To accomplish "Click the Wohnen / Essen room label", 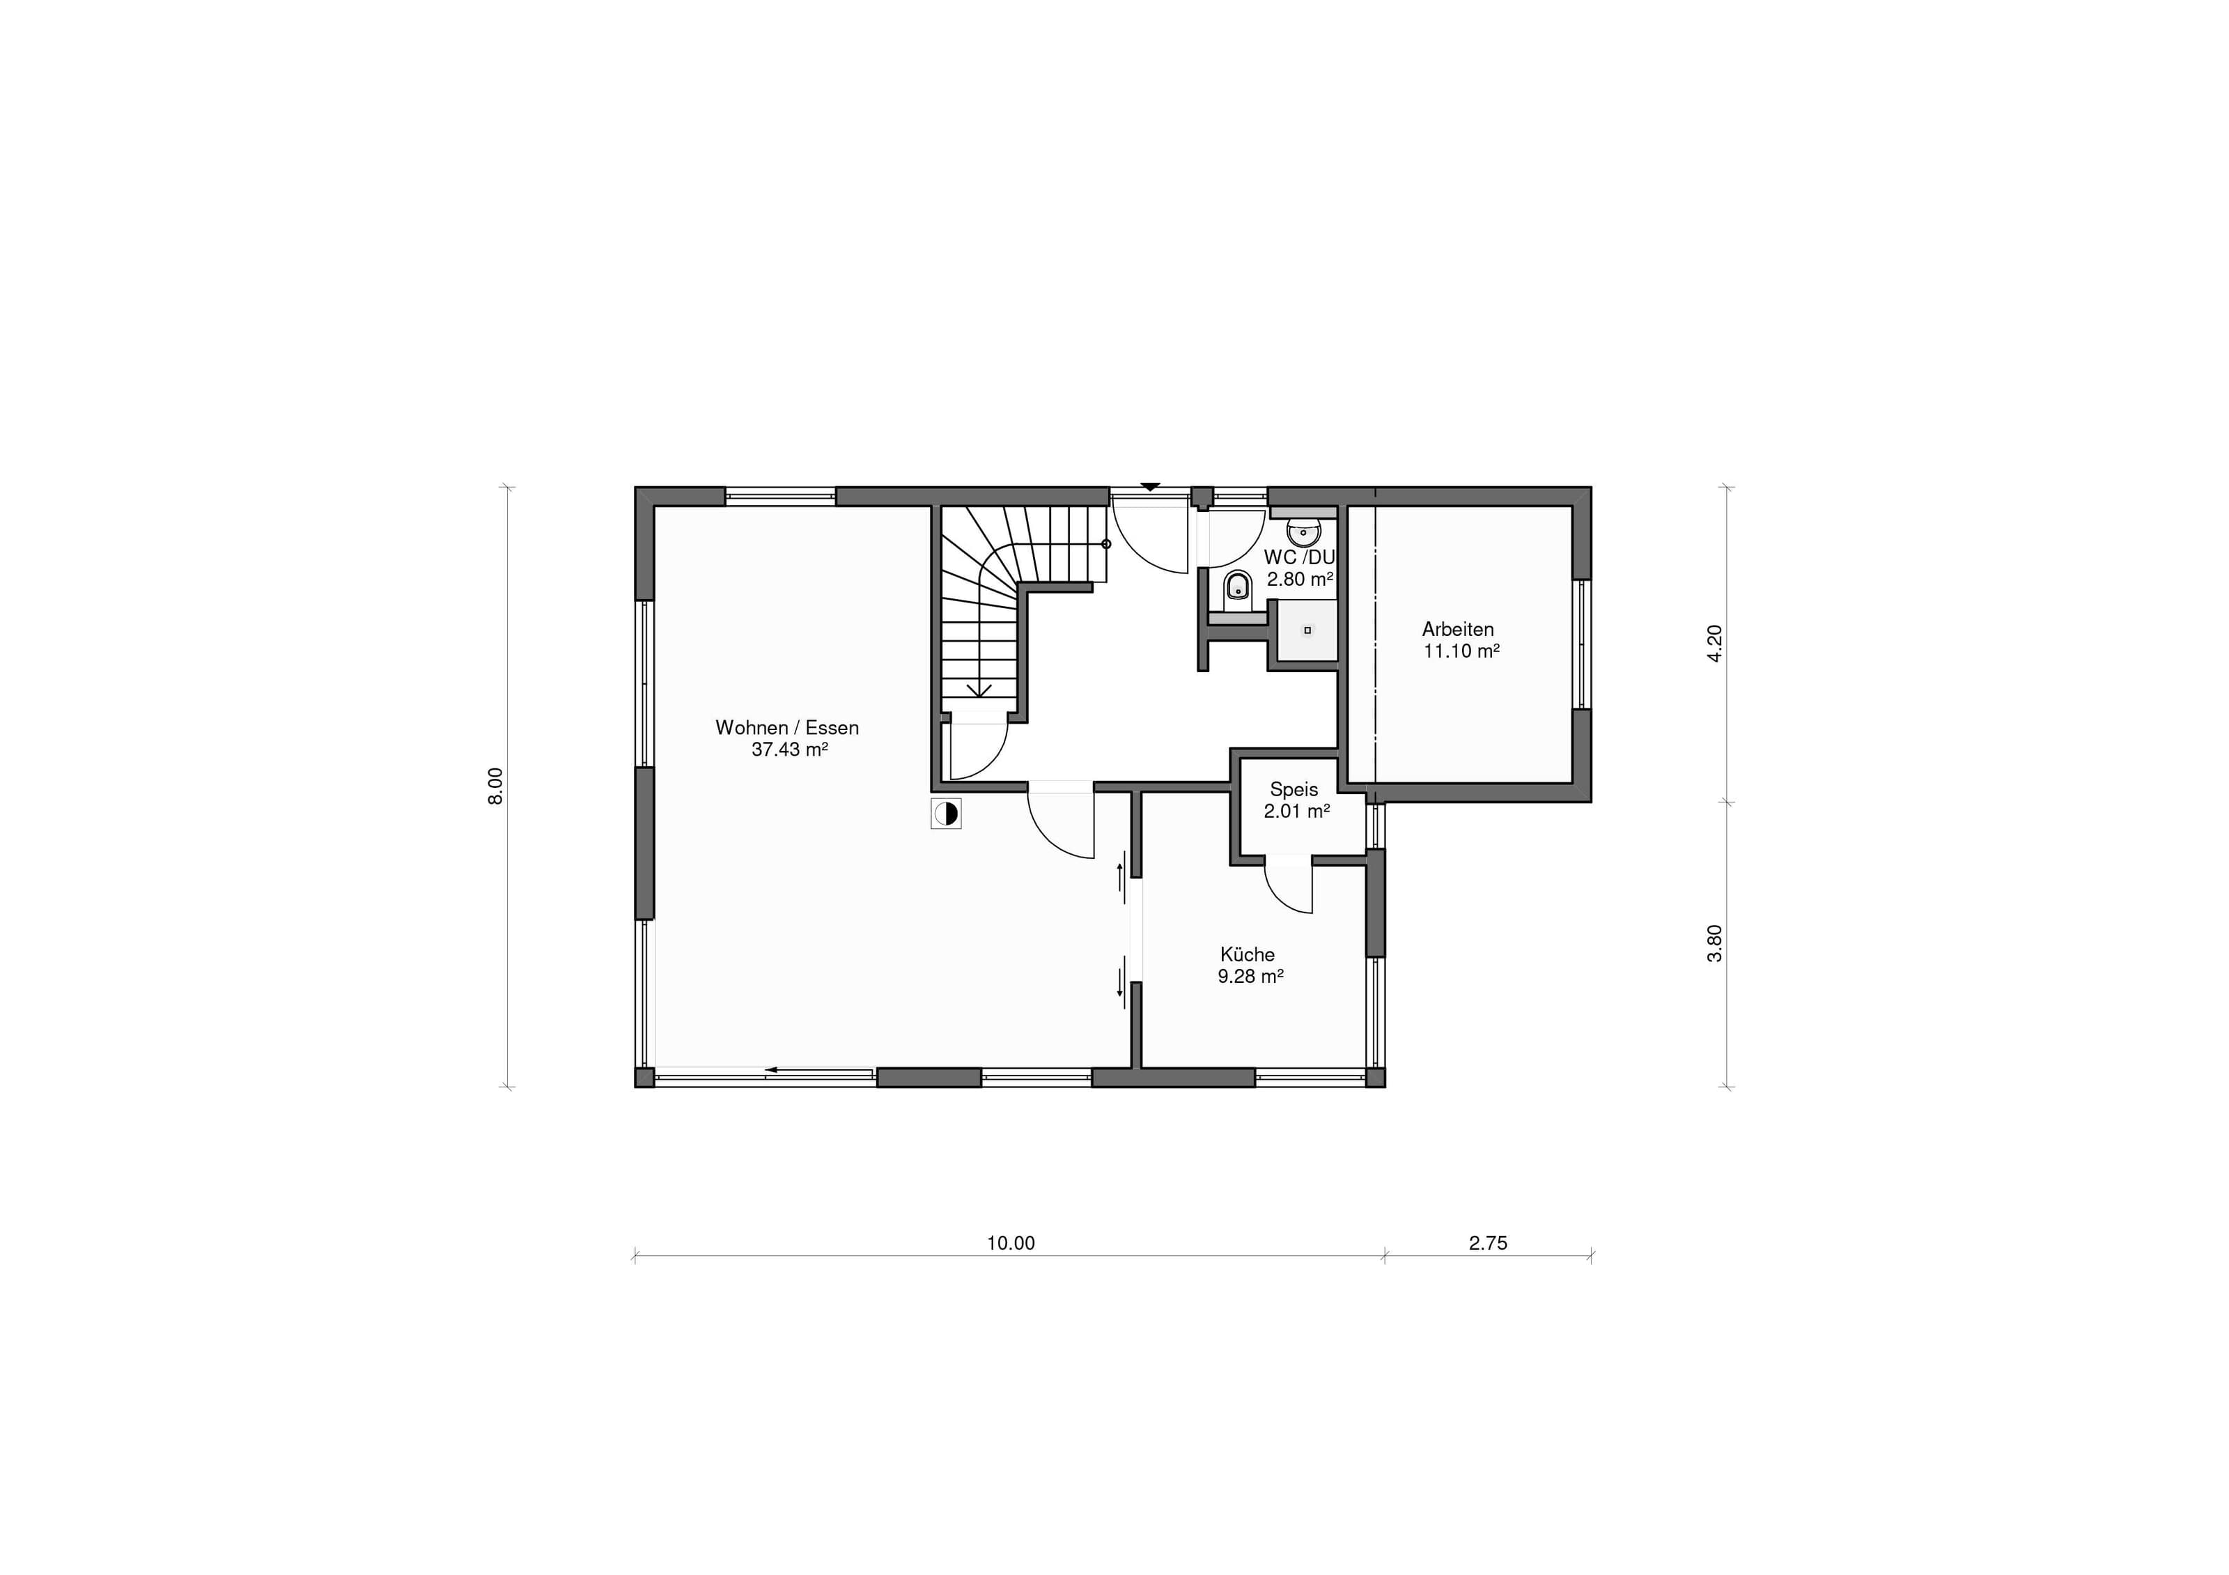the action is coord(786,727).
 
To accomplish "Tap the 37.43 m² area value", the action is coord(789,750).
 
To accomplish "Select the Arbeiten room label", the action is coord(1458,629).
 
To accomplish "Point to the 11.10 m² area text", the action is coord(1461,651).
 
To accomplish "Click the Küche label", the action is coord(1248,954).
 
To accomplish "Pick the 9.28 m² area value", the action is coord(1250,977).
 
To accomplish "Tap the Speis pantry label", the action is coord(1294,789).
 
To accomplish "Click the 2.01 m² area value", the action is coord(1296,812).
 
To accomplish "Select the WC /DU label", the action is coord(1299,557).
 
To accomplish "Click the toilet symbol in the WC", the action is coord(1237,586).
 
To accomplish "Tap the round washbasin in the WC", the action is coord(1303,532).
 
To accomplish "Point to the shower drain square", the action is coord(1307,630).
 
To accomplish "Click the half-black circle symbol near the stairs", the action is coord(945,814).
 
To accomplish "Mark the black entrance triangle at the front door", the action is coord(1151,486).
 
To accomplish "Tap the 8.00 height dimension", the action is coord(496,786).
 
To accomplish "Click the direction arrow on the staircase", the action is coord(979,688).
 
